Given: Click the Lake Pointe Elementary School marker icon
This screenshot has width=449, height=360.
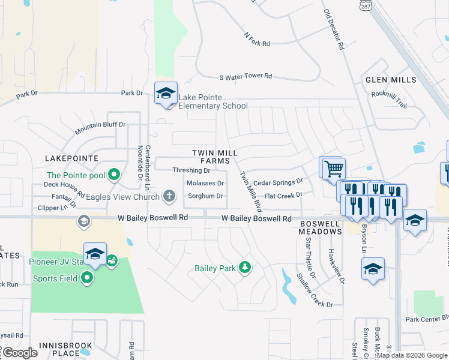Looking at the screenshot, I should pos(166,93).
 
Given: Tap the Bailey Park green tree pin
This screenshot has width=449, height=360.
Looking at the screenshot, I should pos(244,267).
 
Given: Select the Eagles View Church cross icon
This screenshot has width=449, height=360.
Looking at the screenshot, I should pos(170,196).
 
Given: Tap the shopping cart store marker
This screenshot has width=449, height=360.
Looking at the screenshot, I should pos(333,167).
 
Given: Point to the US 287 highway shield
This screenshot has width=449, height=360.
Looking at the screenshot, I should pos(366,4).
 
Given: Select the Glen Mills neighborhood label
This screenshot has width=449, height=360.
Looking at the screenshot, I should pos(390,80).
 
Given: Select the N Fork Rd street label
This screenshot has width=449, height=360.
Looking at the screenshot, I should pos(257,39).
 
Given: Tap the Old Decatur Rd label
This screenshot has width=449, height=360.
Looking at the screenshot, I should pos(333,28).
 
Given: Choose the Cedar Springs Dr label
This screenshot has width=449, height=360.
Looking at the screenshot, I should pos(278,182).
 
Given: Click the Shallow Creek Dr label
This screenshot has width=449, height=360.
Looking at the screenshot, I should pos(315,290).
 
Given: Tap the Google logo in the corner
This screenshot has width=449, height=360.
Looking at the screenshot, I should pos(19,353).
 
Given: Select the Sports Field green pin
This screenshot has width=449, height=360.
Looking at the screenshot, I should pos(88,278).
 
